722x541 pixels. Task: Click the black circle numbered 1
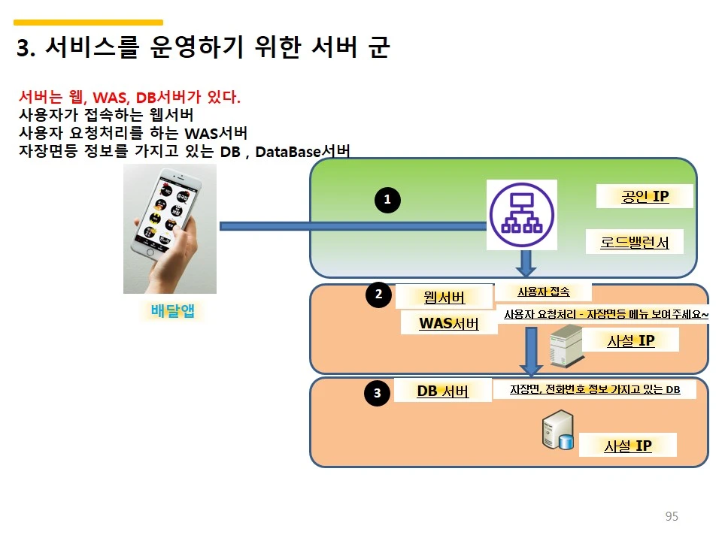(x=387, y=200)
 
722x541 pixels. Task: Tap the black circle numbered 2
(x=378, y=295)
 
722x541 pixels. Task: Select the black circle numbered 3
(x=377, y=392)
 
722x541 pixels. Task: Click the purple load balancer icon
(x=521, y=215)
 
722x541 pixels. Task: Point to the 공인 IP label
(x=645, y=197)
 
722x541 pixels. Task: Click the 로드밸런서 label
(x=635, y=242)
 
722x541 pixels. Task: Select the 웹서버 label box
(x=444, y=297)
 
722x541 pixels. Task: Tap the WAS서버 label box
(x=449, y=324)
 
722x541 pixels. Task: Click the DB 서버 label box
(x=442, y=391)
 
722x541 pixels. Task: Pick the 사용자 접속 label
(x=543, y=292)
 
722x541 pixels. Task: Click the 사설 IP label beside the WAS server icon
(x=630, y=340)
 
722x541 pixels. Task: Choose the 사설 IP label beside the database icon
(x=627, y=446)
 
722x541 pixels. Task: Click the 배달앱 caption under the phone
(x=172, y=310)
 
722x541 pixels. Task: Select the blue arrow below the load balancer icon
(x=526, y=263)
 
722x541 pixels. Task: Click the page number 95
(x=672, y=516)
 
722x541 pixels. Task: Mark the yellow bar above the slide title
(x=88, y=23)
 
